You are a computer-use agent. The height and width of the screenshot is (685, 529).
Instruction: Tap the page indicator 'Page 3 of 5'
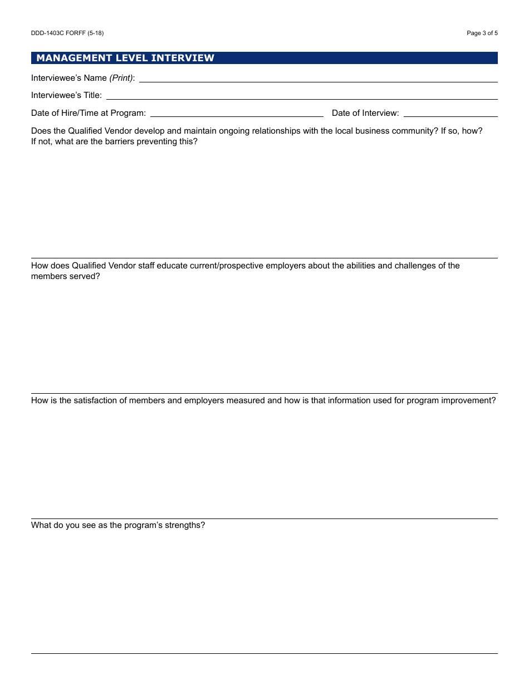pyautogui.click(x=482, y=33)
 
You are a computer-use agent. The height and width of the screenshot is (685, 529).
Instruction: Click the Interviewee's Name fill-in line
pyautogui.click(x=317, y=81)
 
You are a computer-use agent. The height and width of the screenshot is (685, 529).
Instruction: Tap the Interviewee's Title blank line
pyautogui.click(x=301, y=98)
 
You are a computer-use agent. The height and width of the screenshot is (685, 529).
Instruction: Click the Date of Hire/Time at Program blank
pyautogui.click(x=237, y=115)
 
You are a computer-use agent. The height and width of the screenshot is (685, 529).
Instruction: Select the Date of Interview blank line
pyautogui.click(x=450, y=115)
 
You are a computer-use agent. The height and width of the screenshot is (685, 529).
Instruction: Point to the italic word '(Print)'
pyautogui.click(x=121, y=78)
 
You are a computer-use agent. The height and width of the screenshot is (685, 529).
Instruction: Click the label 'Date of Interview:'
pyautogui.click(x=365, y=113)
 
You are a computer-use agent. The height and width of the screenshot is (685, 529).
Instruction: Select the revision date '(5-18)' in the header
pyautogui.click(x=95, y=33)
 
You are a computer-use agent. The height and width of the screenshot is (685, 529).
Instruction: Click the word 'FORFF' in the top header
pyautogui.click(x=76, y=33)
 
